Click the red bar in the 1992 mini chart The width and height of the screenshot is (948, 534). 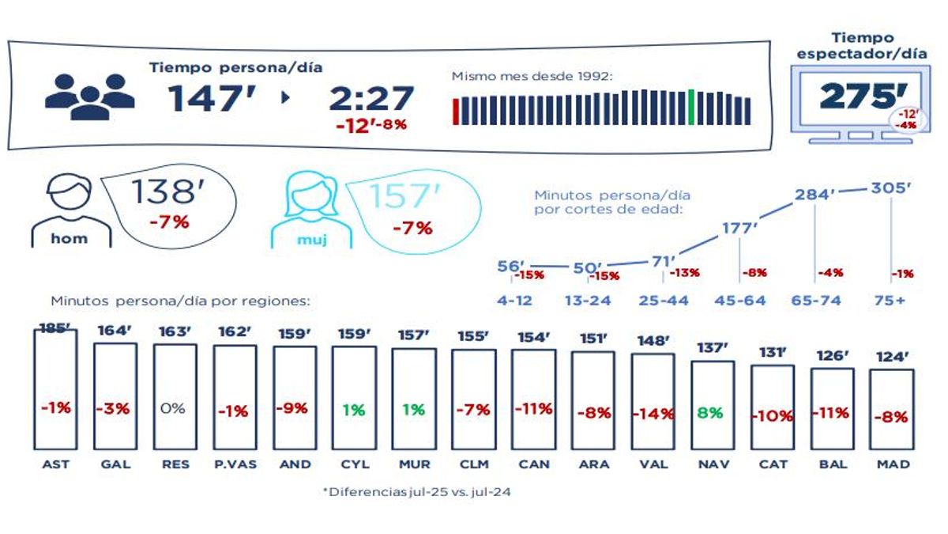pyautogui.click(x=456, y=111)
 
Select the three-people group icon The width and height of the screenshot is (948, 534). pyautogui.click(x=89, y=97)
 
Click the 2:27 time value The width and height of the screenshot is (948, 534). pyautogui.click(x=371, y=99)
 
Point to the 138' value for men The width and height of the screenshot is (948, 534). pyautogui.click(x=162, y=192)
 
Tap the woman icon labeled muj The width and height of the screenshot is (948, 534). pyautogui.click(x=307, y=210)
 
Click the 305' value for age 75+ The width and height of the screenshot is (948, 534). pyautogui.click(x=891, y=188)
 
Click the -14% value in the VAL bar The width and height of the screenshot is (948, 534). pyautogui.click(x=653, y=413)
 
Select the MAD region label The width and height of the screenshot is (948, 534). pyautogui.click(x=893, y=464)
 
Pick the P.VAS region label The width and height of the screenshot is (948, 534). pyautogui.click(x=235, y=464)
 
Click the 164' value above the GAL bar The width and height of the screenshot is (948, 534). pyautogui.click(x=115, y=331)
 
